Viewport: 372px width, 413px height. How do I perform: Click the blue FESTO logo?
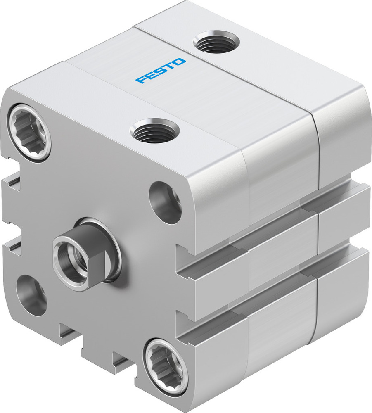pyautogui.click(x=161, y=71)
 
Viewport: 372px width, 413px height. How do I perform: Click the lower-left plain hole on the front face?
pyautogui.click(x=31, y=295)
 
